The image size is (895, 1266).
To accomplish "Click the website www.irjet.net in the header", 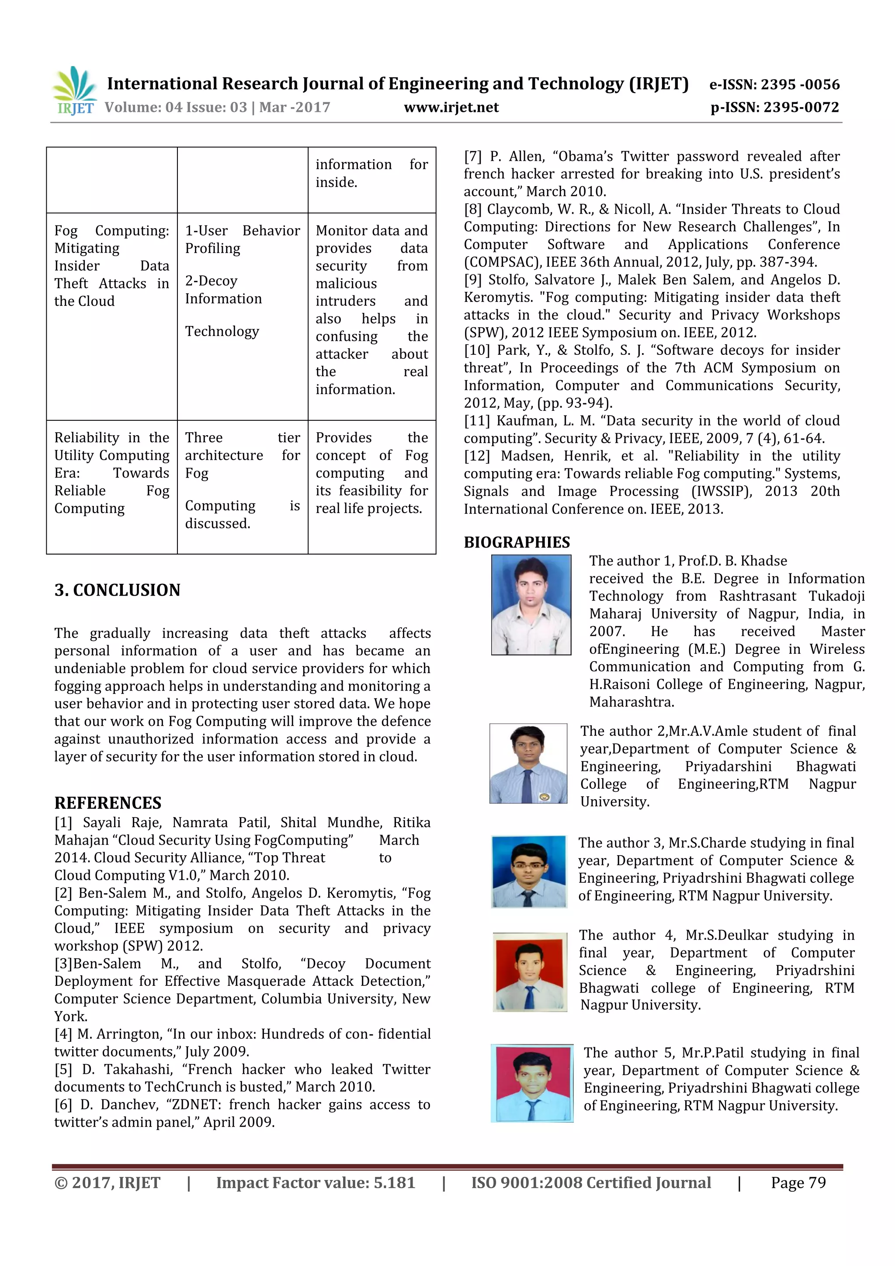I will pyautogui.click(x=451, y=108).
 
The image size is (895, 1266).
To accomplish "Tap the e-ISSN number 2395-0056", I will pyautogui.click(x=800, y=85).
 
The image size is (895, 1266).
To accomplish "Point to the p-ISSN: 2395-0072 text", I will pyautogui.click(x=775, y=108).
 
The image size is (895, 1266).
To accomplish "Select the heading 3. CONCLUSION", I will pyautogui.click(x=118, y=590).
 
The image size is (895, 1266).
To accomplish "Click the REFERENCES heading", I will pyautogui.click(x=108, y=803).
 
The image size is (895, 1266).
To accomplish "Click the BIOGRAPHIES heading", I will pyautogui.click(x=517, y=543).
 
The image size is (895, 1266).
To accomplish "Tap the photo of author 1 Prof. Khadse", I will pyautogui.click(x=531, y=605).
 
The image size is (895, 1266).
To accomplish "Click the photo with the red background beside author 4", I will pyautogui.click(x=530, y=972).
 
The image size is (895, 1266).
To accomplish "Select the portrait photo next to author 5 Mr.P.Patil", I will pyautogui.click(x=531, y=1083).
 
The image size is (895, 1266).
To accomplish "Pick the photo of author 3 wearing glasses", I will pyautogui.click(x=529, y=872).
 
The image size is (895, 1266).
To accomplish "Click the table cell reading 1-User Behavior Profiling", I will pyautogui.click(x=242, y=239).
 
